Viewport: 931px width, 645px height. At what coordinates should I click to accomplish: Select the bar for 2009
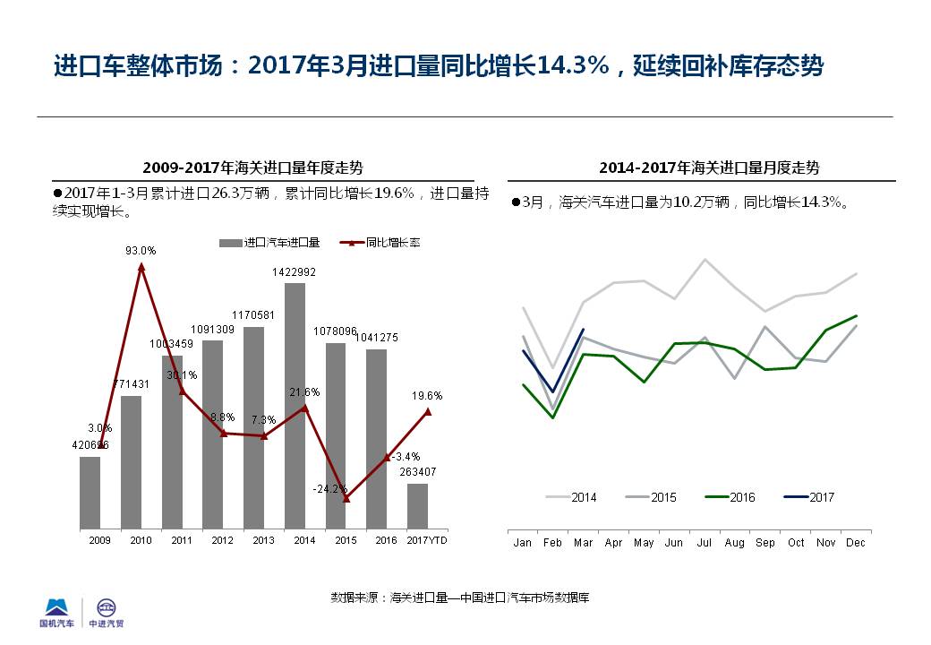click(x=90, y=492)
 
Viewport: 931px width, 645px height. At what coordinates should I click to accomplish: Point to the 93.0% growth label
click(x=141, y=251)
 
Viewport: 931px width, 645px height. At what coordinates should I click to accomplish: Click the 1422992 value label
click(x=295, y=271)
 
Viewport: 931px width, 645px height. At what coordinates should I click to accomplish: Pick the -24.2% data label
click(x=329, y=489)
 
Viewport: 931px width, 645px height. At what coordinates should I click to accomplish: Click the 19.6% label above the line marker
click(x=427, y=395)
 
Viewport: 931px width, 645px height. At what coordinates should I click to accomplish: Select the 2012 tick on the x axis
click(x=222, y=540)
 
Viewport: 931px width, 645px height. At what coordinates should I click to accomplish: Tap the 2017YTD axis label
click(x=427, y=540)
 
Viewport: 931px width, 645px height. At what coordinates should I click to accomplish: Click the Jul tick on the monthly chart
click(x=705, y=543)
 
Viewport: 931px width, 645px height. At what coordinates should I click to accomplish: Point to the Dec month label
click(x=856, y=543)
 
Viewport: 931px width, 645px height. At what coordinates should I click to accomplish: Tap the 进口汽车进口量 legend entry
click(x=271, y=242)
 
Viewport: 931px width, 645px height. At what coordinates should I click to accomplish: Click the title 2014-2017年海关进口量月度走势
click(x=709, y=168)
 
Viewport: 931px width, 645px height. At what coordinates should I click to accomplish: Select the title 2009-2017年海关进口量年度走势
click(x=252, y=168)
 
